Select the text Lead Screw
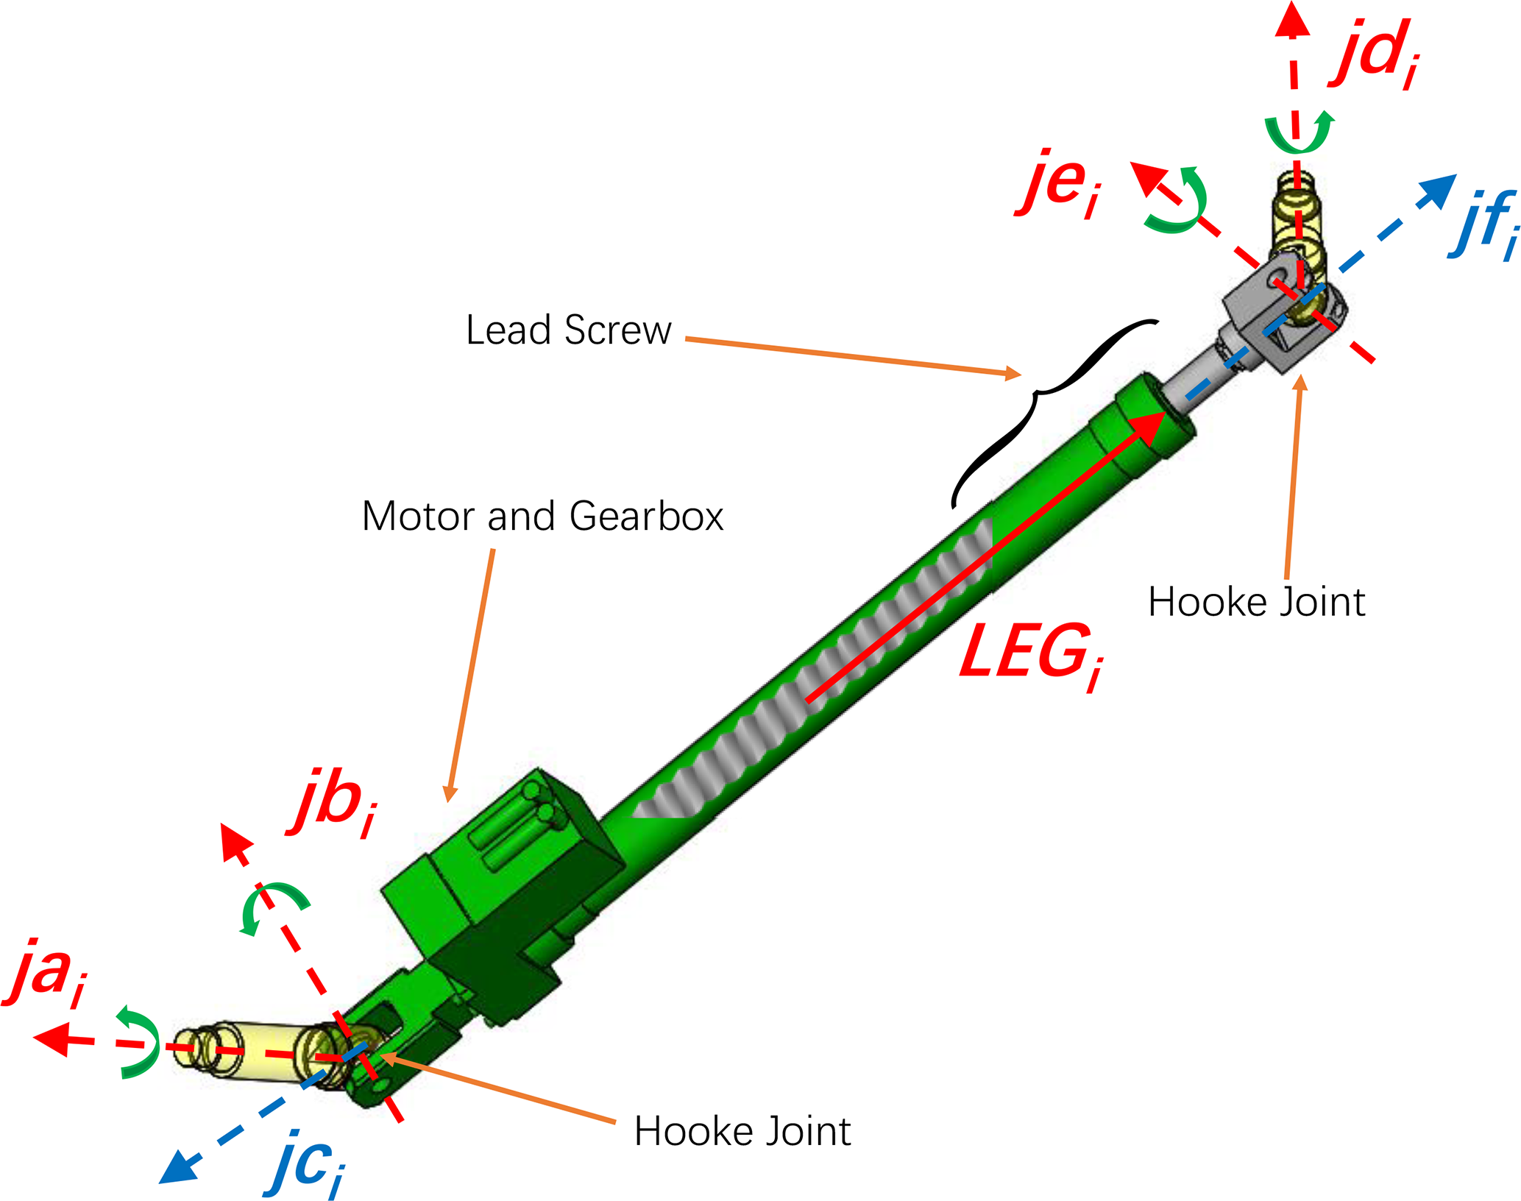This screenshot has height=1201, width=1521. tap(568, 330)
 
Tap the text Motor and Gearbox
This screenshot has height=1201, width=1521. tap(542, 516)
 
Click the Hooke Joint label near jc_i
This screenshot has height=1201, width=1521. tap(742, 1131)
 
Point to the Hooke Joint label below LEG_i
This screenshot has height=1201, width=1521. tap(1256, 602)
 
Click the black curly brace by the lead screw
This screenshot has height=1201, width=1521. tap(1045, 412)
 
